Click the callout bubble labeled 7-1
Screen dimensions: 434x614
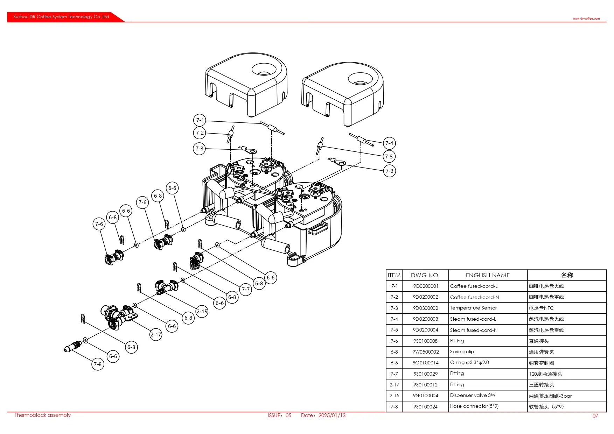[200, 120]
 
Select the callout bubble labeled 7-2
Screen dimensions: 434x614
[200, 133]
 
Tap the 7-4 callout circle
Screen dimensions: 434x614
[389, 143]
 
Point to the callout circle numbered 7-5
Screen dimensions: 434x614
[389, 157]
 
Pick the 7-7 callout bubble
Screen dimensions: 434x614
[246, 290]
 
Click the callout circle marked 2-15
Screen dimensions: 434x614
[202, 312]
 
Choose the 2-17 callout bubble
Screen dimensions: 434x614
[156, 335]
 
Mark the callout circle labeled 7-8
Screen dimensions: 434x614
[98, 364]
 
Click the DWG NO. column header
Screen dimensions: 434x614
[425, 275]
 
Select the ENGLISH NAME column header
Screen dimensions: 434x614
[488, 275]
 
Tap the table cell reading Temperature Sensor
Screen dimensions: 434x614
[473, 308]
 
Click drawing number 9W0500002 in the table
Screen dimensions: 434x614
[425, 352]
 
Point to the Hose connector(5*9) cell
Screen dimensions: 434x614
[474, 406]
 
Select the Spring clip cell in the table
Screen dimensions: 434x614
[462, 352]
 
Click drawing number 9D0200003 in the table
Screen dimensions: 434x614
[425, 319]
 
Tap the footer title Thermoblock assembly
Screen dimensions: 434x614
[42, 415]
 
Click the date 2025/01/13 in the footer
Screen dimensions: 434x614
[332, 415]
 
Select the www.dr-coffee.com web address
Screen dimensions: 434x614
[586, 19]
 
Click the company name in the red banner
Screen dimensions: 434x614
[61, 17]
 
